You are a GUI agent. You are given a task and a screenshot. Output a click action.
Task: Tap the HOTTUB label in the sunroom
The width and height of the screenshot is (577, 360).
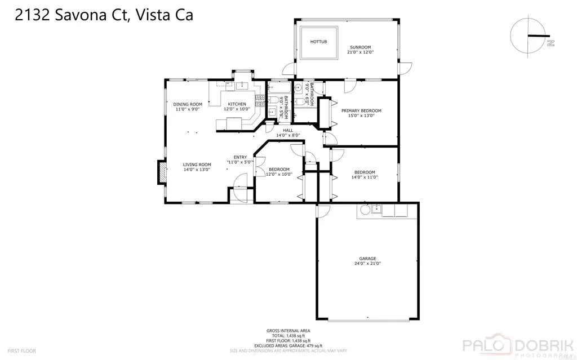point(319,42)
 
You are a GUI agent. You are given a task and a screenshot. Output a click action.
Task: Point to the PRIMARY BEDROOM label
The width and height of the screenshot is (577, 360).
point(361,110)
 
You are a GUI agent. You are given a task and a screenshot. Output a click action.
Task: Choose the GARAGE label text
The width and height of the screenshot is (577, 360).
point(367,259)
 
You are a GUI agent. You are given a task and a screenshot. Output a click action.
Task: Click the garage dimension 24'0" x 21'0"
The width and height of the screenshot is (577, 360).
point(367,264)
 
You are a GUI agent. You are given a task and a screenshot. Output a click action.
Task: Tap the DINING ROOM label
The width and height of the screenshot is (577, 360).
point(188,104)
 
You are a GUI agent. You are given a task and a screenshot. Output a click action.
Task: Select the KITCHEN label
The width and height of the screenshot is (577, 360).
point(237,104)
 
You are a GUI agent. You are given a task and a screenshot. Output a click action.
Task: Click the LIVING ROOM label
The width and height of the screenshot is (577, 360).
point(197,165)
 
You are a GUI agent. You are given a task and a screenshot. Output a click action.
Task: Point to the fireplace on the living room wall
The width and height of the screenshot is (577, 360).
point(162,172)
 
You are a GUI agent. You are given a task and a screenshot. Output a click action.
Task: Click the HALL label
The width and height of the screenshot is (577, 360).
point(288,130)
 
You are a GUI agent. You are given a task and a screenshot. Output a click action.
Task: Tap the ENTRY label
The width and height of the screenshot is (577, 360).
point(240,157)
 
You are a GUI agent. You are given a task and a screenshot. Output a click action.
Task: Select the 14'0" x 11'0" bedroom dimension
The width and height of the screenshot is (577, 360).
point(365,177)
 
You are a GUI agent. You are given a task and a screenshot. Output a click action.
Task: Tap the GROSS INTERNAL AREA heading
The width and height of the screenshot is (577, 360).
point(288,331)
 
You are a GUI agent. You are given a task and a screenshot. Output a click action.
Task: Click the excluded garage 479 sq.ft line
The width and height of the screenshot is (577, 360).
point(288,345)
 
